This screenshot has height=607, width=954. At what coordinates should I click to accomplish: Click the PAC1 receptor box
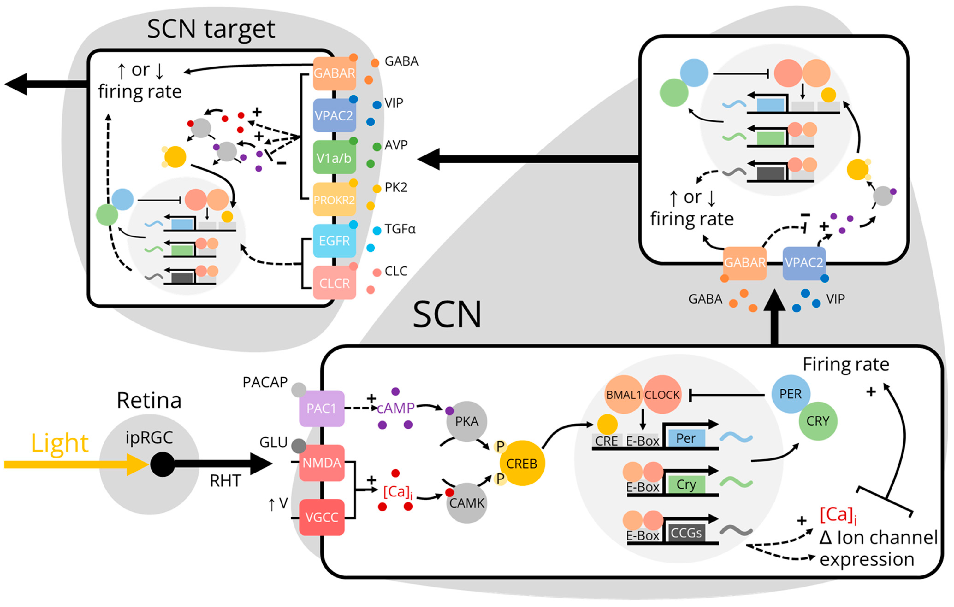click(321, 408)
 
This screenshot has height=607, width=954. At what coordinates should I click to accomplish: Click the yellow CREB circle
click(522, 463)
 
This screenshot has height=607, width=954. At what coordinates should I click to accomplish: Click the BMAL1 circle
click(624, 394)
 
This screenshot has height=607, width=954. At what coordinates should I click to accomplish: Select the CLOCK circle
click(662, 394)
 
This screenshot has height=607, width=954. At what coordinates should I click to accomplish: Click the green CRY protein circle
click(818, 421)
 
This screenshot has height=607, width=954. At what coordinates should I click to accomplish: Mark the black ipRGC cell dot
click(162, 464)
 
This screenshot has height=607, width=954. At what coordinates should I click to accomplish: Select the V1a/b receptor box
click(334, 158)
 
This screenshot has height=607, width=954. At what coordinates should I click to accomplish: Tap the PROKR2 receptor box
click(334, 199)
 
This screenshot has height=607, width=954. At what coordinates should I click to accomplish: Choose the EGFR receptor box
click(334, 241)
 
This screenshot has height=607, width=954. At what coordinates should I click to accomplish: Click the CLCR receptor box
click(334, 283)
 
